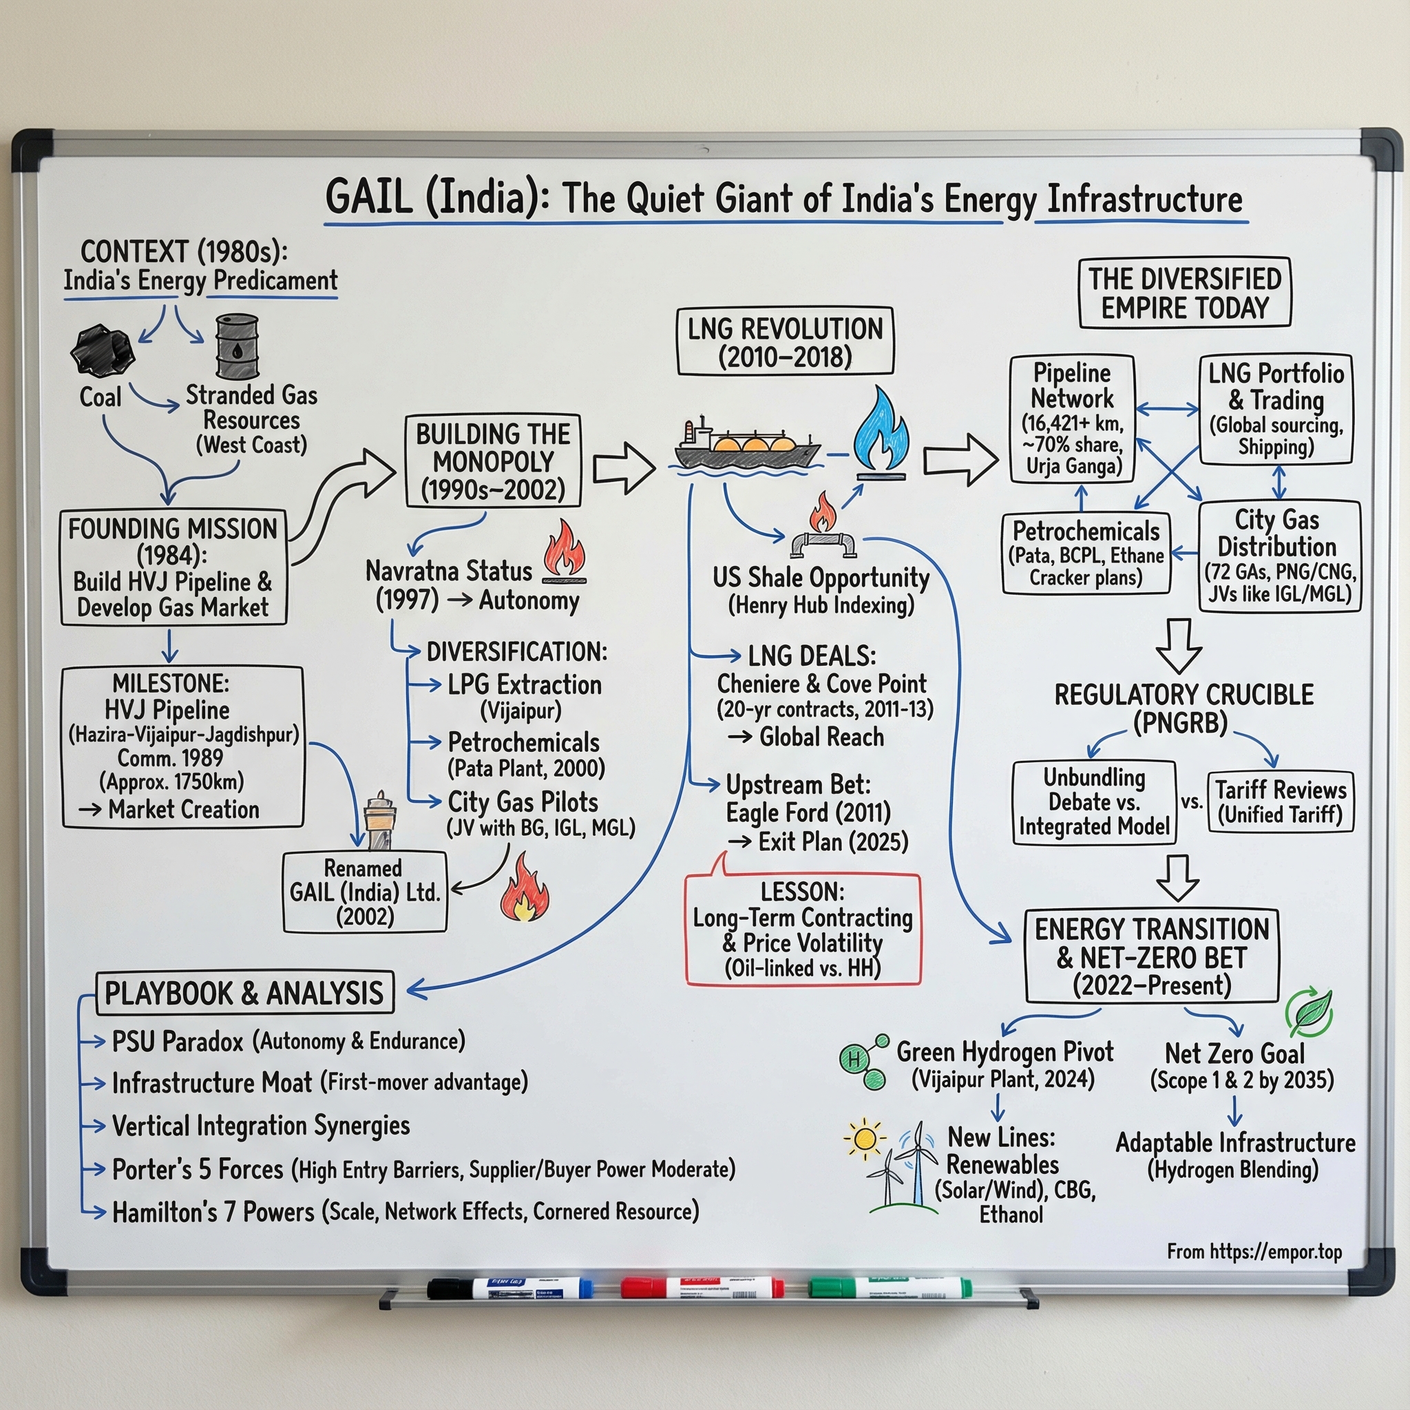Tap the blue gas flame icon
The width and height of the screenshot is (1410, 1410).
coord(881,430)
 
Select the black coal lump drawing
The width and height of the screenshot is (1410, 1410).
coord(103,351)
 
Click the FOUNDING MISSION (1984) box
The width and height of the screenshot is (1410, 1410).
coord(173,567)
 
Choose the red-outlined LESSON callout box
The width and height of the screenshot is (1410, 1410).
coord(803,929)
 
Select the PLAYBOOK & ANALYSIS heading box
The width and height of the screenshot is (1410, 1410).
coord(244,993)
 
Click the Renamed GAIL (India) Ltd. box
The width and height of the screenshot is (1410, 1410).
coord(364,892)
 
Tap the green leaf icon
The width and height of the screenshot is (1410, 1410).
coord(1309,1011)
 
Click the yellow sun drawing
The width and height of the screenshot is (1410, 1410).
coord(865,1139)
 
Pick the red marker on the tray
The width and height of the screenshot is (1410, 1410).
coord(702,1287)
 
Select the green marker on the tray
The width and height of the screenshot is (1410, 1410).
coord(890,1287)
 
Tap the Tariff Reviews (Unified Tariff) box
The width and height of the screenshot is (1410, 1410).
coord(1280,802)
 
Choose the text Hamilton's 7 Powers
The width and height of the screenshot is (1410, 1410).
coord(213,1212)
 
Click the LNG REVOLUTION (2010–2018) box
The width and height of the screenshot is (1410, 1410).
coord(785,341)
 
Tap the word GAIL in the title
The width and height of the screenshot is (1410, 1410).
coord(368,198)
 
